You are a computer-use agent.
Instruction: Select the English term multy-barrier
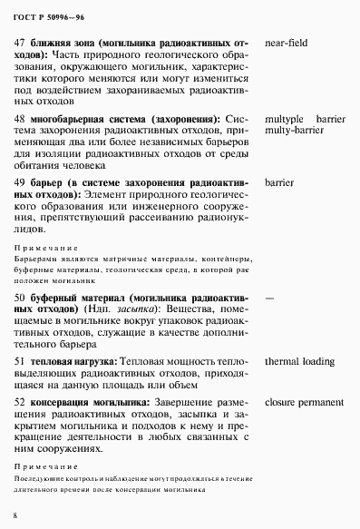pos(293,131)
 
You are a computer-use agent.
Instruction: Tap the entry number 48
pos(21,119)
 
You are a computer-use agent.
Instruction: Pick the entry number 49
pos(21,182)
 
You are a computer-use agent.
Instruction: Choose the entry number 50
pos(21,297)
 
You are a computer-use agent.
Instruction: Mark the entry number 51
pos(21,362)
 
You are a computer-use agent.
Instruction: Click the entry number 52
pos(21,400)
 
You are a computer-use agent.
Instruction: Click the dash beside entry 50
pos(268,297)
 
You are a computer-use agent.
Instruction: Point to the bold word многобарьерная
pos(76,119)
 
